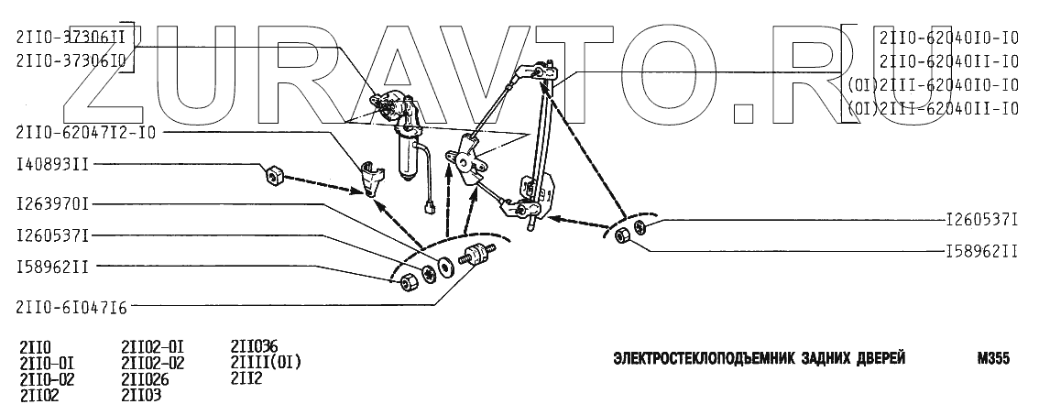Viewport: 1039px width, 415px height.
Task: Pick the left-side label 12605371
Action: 52,235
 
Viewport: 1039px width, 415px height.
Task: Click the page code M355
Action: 993,359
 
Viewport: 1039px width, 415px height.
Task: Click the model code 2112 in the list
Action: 246,377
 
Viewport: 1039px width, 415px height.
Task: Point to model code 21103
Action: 141,395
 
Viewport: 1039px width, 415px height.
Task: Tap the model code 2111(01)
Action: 266,362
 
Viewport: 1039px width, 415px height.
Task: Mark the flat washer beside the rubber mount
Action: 445,266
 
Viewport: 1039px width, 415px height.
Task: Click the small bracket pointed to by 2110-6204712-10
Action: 370,177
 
